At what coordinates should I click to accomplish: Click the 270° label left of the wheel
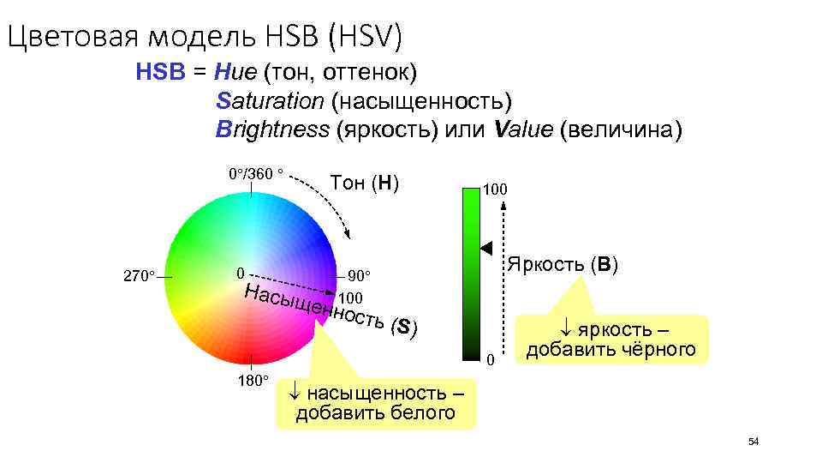coord(139,277)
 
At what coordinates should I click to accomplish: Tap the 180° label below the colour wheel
coord(253,380)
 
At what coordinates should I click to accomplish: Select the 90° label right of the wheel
coord(360,277)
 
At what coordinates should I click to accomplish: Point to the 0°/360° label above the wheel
coord(255,174)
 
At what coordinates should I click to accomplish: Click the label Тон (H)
coord(365,183)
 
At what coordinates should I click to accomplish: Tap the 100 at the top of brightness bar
coord(495,187)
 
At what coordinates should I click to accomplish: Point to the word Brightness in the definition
coord(272,130)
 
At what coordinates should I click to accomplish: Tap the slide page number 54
coord(753,442)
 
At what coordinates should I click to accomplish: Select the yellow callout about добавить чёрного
coord(611,340)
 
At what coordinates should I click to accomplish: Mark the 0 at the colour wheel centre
coord(241,275)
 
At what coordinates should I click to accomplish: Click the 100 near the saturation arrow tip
coord(351,298)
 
